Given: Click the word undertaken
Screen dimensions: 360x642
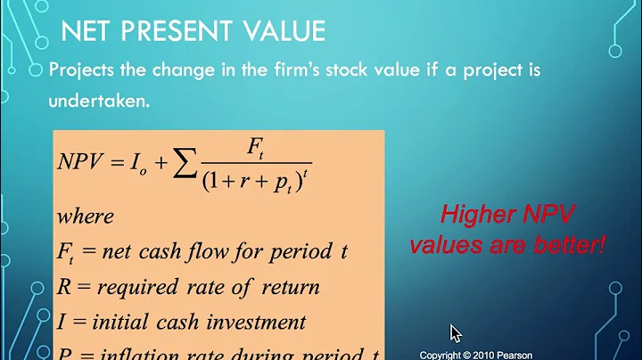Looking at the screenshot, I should pyautogui.click(x=99, y=102).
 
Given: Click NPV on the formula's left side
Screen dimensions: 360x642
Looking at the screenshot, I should pyautogui.click(x=80, y=162).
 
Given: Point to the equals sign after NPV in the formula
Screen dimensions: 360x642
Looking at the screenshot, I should pyautogui.click(x=118, y=162).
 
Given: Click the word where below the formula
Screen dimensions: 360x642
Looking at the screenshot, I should pyautogui.click(x=85, y=217).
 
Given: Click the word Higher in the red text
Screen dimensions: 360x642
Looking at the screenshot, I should pyautogui.click(x=479, y=215).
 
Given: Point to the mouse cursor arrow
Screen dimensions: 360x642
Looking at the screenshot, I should pyautogui.click(x=455, y=333).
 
